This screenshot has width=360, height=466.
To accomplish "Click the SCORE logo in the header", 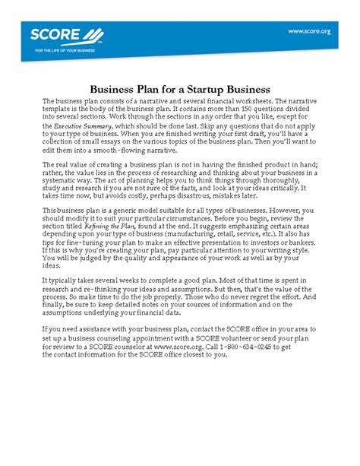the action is [65, 35].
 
